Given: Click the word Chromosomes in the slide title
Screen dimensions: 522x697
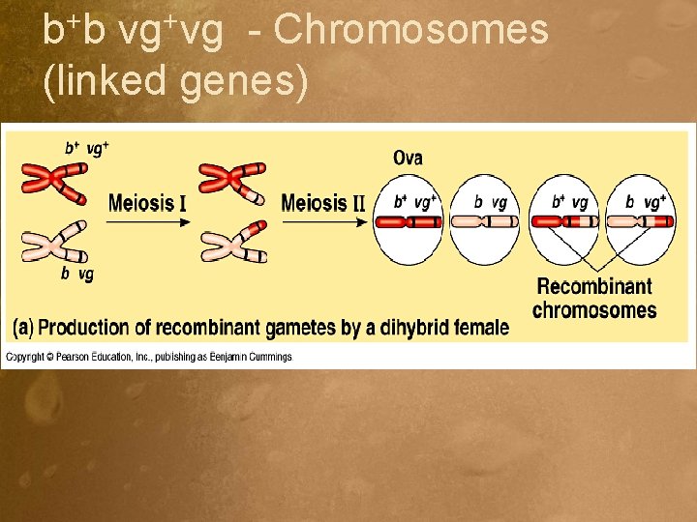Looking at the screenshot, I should click(x=411, y=31).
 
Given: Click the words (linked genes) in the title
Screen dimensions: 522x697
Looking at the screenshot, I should click(x=176, y=81).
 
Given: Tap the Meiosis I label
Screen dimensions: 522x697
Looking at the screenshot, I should click(x=147, y=204).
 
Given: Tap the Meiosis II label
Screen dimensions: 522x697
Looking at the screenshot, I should click(x=322, y=203).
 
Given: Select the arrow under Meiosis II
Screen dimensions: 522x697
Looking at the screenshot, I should click(x=322, y=222).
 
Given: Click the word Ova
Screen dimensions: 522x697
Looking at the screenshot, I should click(x=408, y=158).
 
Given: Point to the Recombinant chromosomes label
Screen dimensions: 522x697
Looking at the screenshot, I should click(x=594, y=298).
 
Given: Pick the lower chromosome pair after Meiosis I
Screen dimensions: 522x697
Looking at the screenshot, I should click(x=232, y=242).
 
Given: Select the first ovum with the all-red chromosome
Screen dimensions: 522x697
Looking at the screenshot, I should click(x=409, y=219).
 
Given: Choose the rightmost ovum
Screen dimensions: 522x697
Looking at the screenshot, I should click(x=641, y=219).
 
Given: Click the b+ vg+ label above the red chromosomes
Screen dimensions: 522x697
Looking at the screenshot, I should click(x=86, y=148).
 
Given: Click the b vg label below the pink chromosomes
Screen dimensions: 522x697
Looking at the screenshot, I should click(x=77, y=275).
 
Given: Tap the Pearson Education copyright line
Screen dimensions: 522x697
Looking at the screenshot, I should click(x=149, y=357).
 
